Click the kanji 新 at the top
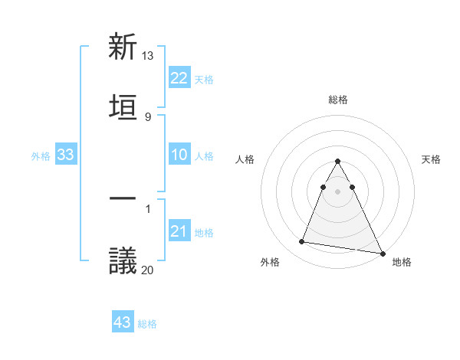click(123, 47)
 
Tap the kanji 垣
click(123, 105)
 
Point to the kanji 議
click(123, 260)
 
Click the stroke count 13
click(148, 56)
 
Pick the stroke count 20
click(148, 270)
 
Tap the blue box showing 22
click(179, 78)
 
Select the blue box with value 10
click(179, 155)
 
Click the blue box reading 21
click(179, 231)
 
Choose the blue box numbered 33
click(65, 155)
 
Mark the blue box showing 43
click(123, 322)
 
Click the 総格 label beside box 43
click(147, 324)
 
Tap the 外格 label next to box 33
click(41, 156)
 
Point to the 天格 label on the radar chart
click(431, 159)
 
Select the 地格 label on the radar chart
click(402, 262)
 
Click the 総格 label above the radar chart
click(338, 100)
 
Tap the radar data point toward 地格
click(382, 253)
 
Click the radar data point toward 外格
click(302, 242)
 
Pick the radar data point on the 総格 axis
click(338, 162)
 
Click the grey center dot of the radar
click(338, 191)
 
